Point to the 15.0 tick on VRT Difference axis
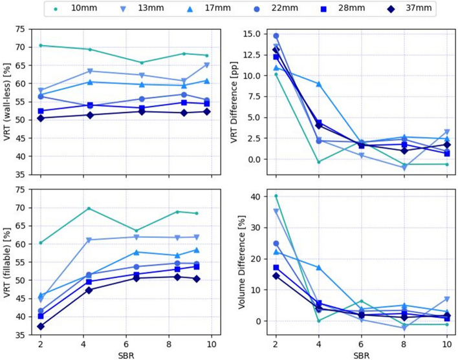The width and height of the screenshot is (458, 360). (254, 34)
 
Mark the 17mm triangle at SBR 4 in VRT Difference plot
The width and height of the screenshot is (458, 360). (318, 84)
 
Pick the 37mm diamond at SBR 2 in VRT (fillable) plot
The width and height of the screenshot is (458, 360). (40, 326)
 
